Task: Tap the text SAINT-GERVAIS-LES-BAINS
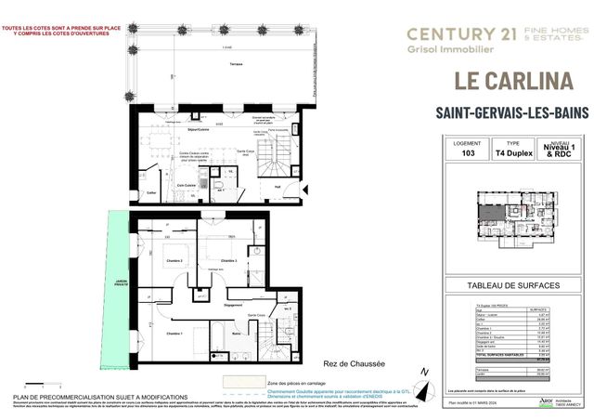pyautogui.click(x=499, y=113)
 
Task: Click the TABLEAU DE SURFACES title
pyautogui.click(x=504, y=286)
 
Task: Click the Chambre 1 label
pyautogui.click(x=149, y=333)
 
